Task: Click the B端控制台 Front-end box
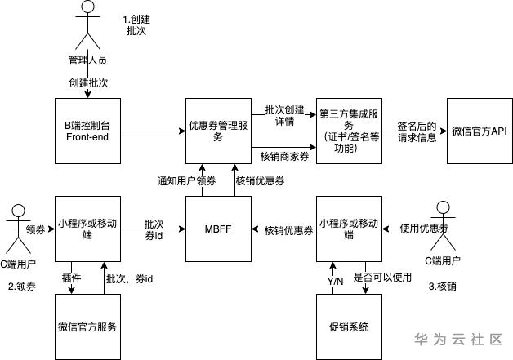87,131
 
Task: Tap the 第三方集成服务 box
348,131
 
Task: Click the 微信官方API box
480,131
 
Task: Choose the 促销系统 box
348,327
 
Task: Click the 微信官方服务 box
87,327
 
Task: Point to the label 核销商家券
283,154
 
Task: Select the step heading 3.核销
444,286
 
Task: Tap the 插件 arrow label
72,278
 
